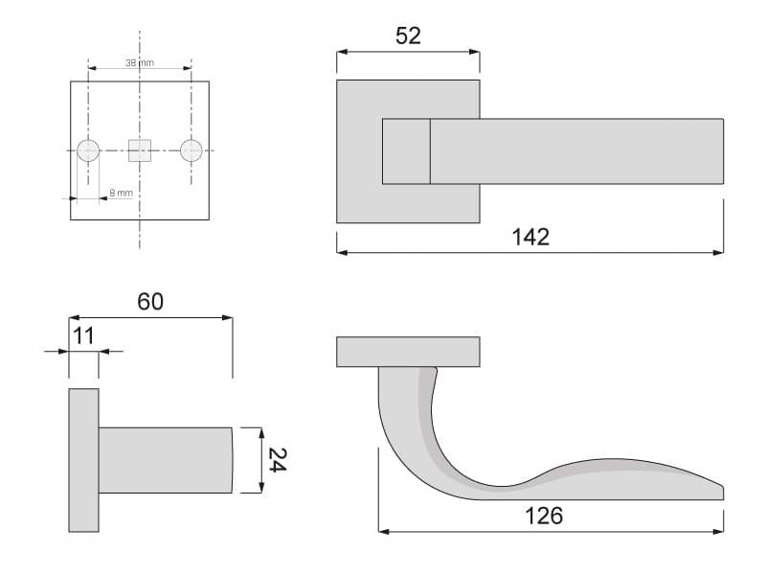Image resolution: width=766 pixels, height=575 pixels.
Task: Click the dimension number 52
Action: coord(408,35)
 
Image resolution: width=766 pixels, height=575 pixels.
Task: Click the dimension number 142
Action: coord(530,237)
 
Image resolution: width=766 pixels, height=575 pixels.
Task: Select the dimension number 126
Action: coord(544,515)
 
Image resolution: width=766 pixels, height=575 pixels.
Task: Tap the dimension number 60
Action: coord(150,301)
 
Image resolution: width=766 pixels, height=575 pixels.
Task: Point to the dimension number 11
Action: coord(83,335)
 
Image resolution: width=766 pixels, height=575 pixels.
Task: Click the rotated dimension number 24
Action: coord(276,460)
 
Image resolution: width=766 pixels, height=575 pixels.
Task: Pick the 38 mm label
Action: coord(140,62)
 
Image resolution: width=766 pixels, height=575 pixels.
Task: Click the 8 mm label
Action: coord(121,193)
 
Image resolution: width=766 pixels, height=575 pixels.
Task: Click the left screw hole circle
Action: coord(88,150)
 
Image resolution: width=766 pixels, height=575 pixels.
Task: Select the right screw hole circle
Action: coord(191,150)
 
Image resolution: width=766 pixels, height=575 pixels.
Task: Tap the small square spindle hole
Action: coord(140,150)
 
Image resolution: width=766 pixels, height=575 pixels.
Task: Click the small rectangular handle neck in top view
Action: coord(406,151)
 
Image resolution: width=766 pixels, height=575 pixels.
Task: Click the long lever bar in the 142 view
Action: coord(574,151)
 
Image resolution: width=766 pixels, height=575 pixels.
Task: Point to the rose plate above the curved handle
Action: coord(408,352)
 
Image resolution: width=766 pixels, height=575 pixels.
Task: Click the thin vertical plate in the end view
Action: coord(83,460)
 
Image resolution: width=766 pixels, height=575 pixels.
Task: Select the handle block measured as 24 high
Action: coord(165,460)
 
